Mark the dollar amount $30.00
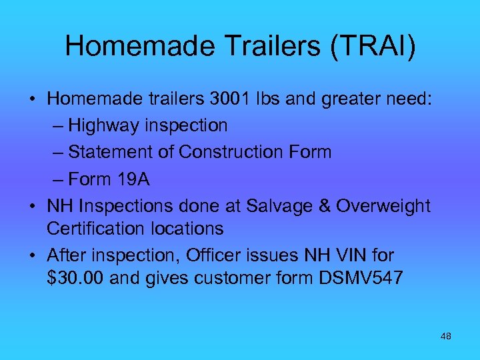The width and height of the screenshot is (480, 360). click(x=76, y=278)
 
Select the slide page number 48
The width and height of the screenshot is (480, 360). click(x=446, y=337)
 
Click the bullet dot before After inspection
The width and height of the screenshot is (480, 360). click(x=32, y=256)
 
